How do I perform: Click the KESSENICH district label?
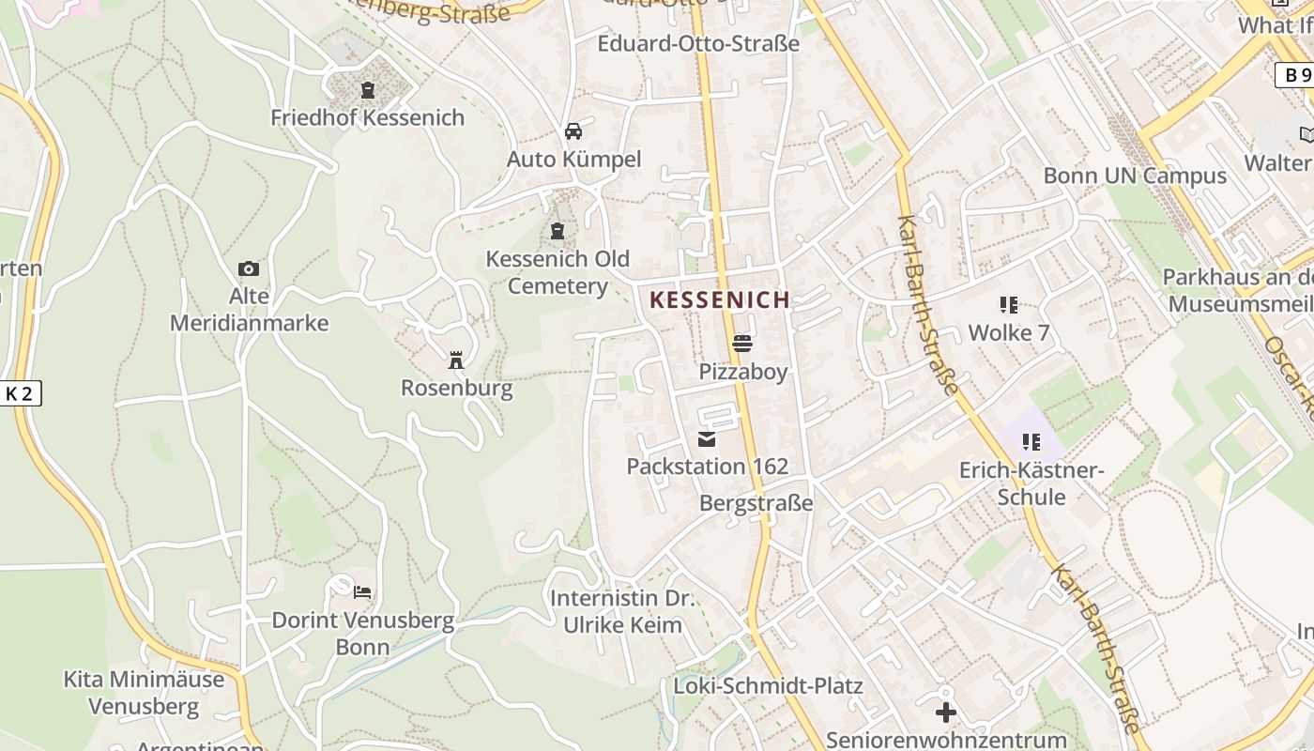720,300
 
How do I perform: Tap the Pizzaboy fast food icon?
742,344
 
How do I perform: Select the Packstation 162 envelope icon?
707,438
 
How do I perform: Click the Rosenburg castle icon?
456,360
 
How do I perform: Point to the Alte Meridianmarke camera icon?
249,269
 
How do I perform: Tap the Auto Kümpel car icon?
573,131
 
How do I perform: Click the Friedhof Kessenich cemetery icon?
367,90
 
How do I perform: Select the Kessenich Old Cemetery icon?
558,230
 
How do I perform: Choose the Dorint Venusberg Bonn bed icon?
362,592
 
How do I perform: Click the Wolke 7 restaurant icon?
1009,304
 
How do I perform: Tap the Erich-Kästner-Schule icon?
1031,441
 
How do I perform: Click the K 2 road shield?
20,393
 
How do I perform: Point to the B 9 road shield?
1295,75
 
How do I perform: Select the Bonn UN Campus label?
1135,176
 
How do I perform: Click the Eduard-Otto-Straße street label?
698,43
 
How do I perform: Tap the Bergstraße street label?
756,503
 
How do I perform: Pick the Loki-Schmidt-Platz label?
768,685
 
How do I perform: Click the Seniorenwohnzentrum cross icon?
946,713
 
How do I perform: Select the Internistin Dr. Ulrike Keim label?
622,611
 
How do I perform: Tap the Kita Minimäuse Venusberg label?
144,692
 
